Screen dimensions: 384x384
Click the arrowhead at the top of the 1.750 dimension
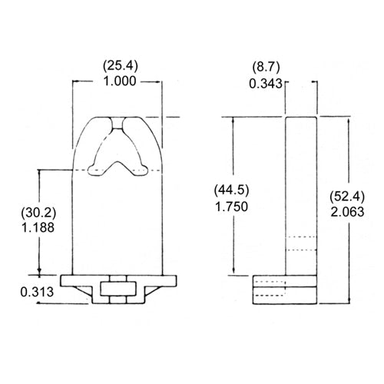coord(233,120)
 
